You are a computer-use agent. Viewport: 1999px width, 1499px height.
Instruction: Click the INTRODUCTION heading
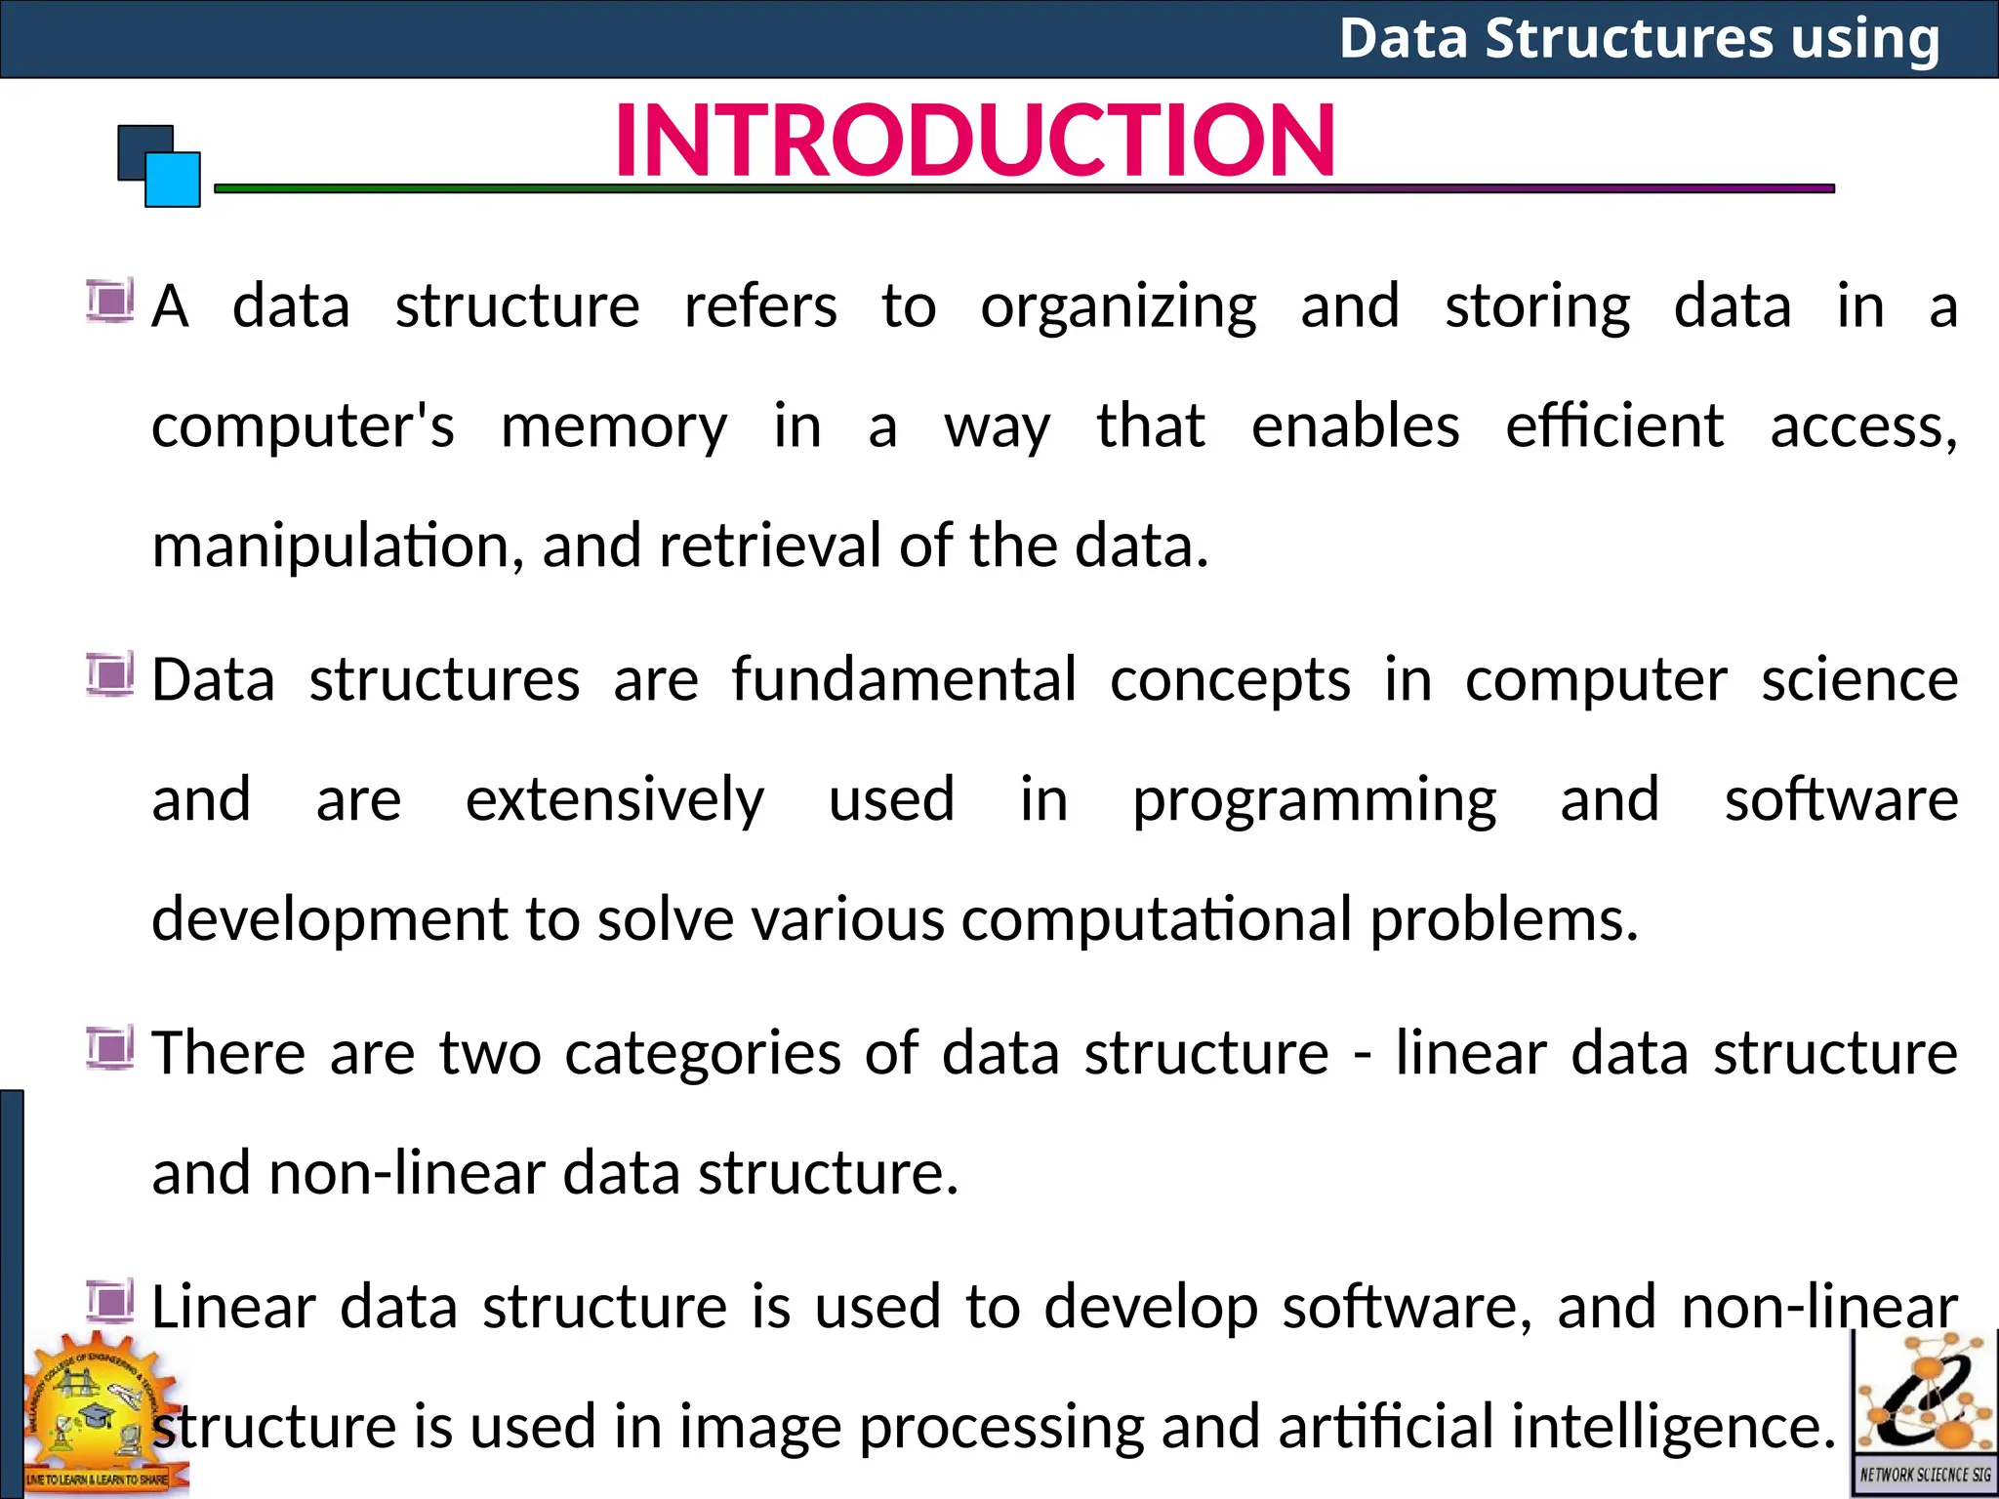974,142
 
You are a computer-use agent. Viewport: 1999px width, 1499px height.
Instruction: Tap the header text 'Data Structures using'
1639,39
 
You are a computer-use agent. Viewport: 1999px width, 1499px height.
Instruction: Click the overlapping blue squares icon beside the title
159,166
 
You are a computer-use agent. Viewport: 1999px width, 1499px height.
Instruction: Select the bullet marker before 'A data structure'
109,301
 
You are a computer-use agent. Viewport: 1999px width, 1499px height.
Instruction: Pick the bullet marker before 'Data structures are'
109,674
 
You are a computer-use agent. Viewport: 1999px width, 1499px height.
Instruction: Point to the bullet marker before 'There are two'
109,1048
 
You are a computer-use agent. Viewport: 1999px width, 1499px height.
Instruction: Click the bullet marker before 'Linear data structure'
109,1301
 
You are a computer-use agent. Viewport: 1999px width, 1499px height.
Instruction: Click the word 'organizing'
1119,308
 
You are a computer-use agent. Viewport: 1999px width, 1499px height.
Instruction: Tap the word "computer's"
303,427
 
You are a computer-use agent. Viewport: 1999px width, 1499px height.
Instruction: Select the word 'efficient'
1614,427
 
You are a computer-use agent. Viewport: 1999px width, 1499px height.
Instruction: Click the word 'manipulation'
331,547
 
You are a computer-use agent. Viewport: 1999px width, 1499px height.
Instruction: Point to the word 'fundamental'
904,680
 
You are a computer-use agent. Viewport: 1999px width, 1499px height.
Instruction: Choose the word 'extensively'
615,801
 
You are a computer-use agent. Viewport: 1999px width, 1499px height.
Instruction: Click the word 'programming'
1314,801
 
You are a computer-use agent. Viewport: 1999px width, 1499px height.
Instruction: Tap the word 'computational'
1156,920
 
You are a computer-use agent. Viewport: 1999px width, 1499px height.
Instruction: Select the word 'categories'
703,1054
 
